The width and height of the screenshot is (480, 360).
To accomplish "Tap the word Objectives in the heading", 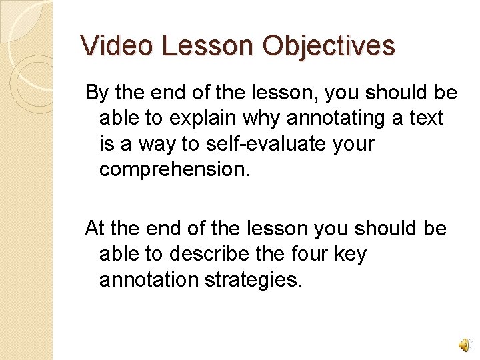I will (x=329, y=46).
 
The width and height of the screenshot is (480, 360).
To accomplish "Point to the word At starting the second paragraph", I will (x=95, y=229).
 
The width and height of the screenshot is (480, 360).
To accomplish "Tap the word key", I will (x=349, y=254).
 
